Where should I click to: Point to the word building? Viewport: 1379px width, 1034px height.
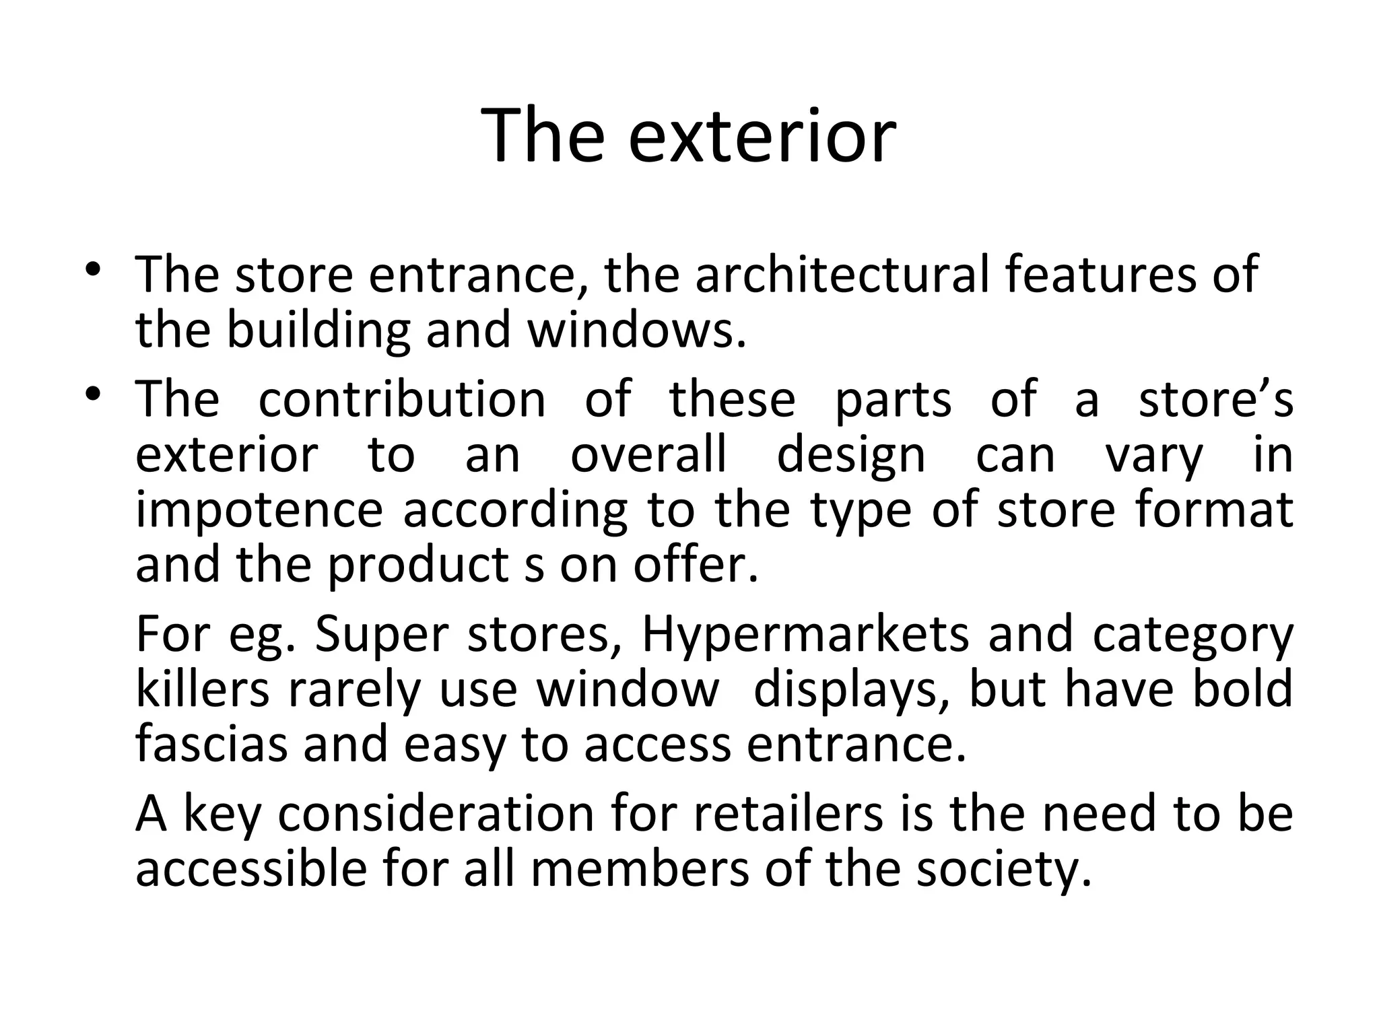pyautogui.click(x=318, y=331)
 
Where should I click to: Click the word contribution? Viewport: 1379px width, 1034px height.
pyautogui.click(x=402, y=399)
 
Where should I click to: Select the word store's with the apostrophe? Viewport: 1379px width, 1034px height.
pyautogui.click(x=1215, y=399)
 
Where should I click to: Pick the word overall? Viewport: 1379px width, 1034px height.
pyautogui.click(x=648, y=455)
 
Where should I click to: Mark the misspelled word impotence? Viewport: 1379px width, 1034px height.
pyautogui.click(x=259, y=511)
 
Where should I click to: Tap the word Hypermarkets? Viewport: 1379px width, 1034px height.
pyautogui.click(x=805, y=635)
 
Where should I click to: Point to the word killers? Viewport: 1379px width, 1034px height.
pyautogui.click(x=203, y=689)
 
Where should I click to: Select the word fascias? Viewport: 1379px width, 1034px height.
pyautogui.click(x=211, y=745)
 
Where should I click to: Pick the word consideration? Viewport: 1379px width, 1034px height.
pyautogui.click(x=436, y=813)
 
